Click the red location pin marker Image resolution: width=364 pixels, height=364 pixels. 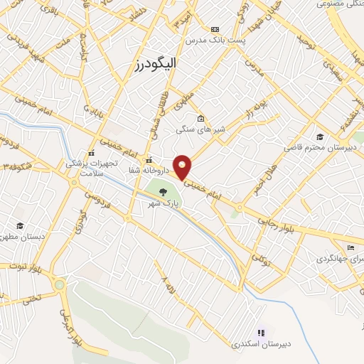click(183, 166)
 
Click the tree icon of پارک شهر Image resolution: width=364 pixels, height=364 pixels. click(164, 191)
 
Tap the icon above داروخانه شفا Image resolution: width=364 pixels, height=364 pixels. click(149, 160)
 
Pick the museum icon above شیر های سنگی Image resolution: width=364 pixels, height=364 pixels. click(202, 119)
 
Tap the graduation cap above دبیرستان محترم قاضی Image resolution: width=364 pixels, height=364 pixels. click(321, 136)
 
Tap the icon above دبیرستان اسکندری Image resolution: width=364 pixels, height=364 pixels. click(260, 332)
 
